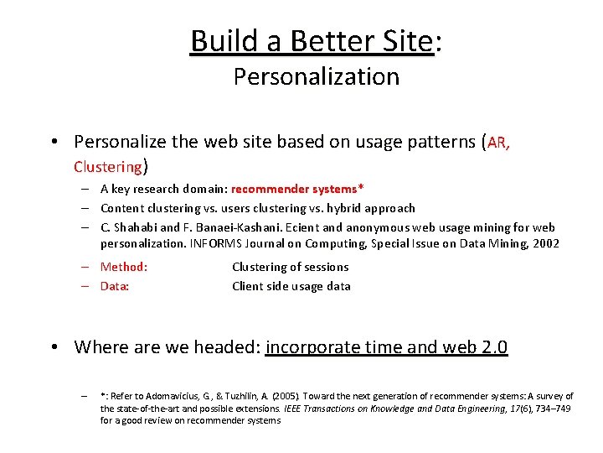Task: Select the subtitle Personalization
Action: point(316,77)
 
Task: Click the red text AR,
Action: point(498,143)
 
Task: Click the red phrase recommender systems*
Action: point(297,189)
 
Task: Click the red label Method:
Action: point(123,267)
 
